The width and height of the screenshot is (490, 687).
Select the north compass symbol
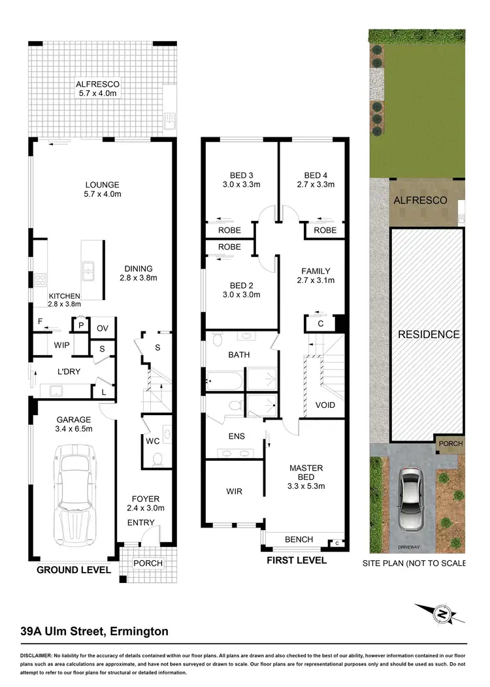click(x=442, y=614)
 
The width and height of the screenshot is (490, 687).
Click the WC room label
click(x=152, y=441)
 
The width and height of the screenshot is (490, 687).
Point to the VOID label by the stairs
click(x=325, y=405)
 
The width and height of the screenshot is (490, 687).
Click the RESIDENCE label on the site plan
click(x=429, y=334)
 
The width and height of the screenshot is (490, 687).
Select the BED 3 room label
click(x=241, y=175)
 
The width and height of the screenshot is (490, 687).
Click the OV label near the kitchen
click(x=103, y=328)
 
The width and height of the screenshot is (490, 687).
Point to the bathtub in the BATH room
click(x=225, y=380)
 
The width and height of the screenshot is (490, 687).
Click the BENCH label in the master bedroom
click(x=299, y=539)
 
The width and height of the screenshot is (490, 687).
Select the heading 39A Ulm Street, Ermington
click(x=94, y=631)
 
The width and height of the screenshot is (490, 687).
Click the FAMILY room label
click(x=315, y=271)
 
